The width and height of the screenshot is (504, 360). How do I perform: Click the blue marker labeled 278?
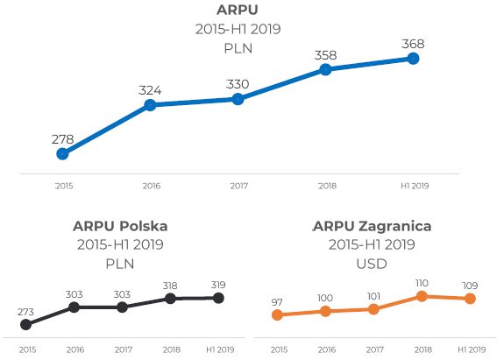point(62,153)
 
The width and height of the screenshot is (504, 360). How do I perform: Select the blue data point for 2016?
point(150,105)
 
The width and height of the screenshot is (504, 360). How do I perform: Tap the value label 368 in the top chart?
point(413,43)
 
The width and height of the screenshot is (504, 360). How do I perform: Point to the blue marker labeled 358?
point(325,69)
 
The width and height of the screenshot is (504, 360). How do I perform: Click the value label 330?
point(238,84)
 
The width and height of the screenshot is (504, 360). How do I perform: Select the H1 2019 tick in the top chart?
point(413,186)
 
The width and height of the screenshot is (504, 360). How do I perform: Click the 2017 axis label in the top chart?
point(238,186)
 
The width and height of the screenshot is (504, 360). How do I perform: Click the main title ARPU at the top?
point(237,11)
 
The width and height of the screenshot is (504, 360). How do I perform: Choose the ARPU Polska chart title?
point(120,226)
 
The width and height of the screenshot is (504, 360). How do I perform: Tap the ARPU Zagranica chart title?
point(373,226)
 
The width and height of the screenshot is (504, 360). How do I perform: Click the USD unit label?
point(373,263)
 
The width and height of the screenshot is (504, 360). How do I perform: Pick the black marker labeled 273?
point(25,324)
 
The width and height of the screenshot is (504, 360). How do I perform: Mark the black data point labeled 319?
point(219,299)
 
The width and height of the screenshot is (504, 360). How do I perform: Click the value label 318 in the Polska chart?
point(170,286)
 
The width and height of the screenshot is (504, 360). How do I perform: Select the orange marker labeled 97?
point(278,315)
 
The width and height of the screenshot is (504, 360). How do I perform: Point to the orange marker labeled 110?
point(422,296)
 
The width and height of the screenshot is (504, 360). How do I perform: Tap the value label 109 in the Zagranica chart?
point(470,286)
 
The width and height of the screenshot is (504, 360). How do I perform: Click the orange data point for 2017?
point(373,309)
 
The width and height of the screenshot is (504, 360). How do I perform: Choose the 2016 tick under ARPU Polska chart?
point(74,349)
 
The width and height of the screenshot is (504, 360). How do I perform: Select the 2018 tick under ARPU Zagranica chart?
point(422,349)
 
